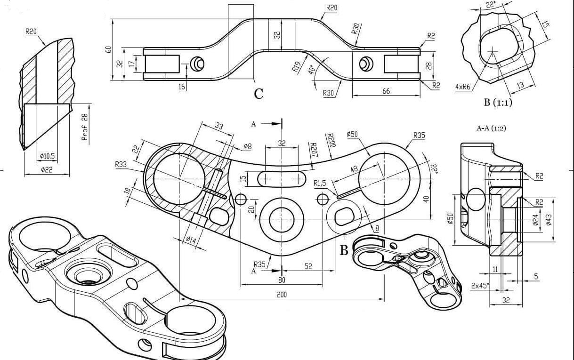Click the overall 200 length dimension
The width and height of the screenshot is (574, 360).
click(282, 295)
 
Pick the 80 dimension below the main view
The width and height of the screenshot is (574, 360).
click(282, 280)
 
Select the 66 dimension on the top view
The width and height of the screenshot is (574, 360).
click(386, 91)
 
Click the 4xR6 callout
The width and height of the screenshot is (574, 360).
click(464, 87)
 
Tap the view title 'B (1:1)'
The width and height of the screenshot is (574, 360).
click(497, 103)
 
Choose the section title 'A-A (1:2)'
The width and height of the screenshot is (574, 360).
click(492, 128)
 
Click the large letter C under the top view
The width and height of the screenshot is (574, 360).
click(259, 94)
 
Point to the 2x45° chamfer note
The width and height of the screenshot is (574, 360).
click(480, 285)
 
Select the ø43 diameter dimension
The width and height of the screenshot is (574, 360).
click(549, 220)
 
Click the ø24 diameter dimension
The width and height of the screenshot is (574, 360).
click(535, 220)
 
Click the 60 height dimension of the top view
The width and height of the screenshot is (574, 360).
click(108, 49)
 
